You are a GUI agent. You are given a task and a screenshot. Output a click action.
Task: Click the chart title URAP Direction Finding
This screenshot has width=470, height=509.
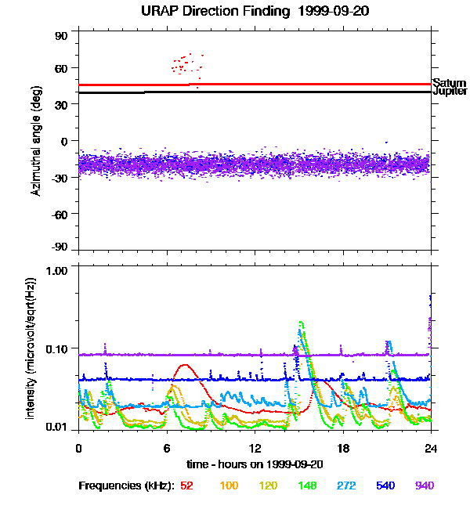click(235, 11)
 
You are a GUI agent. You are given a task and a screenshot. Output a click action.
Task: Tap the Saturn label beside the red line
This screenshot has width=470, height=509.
click(449, 82)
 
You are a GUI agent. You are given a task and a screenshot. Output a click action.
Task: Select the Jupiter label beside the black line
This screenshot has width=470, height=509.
click(450, 92)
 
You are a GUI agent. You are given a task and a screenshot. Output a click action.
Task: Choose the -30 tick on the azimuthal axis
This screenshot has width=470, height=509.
click(60, 178)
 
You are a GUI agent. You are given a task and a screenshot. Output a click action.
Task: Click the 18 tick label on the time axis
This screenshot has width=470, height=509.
click(343, 448)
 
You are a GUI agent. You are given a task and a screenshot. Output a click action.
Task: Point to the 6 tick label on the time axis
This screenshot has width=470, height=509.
click(167, 448)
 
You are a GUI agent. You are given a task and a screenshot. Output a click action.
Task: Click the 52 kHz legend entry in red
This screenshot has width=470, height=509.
click(186, 486)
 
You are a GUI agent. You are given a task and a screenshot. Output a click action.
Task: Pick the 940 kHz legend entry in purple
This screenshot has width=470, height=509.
click(425, 486)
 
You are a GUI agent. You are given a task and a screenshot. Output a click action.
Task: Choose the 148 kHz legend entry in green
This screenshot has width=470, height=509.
click(307, 486)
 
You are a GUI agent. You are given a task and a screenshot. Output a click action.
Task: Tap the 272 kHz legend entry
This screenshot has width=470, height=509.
click(346, 486)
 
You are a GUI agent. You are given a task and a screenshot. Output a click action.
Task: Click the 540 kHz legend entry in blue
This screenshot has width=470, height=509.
click(385, 486)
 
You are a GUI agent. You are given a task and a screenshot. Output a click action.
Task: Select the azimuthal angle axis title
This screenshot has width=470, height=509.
click(36, 141)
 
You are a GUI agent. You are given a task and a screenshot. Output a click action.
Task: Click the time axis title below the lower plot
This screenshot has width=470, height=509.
click(255, 464)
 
